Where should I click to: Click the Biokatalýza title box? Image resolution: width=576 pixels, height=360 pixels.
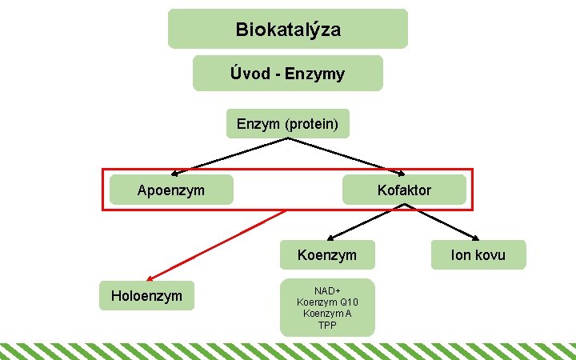[x=287, y=30]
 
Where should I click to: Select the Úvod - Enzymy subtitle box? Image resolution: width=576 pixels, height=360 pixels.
[x=287, y=74]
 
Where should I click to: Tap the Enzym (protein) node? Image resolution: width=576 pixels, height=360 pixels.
[x=287, y=124]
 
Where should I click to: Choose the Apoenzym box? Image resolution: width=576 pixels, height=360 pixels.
[x=170, y=190]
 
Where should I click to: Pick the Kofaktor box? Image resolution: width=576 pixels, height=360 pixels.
[x=404, y=190]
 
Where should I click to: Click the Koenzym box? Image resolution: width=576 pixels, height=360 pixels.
[x=326, y=255]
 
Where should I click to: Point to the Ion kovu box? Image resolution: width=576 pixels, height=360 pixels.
[x=478, y=255]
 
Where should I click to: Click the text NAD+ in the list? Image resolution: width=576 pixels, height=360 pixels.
[x=326, y=291]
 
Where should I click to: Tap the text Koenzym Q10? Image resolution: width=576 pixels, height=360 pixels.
[x=326, y=302]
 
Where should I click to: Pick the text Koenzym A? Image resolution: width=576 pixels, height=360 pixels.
[x=326, y=314]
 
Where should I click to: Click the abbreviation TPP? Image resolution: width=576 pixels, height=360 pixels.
[x=326, y=325]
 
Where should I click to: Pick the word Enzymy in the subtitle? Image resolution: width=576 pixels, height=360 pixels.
[x=318, y=74]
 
